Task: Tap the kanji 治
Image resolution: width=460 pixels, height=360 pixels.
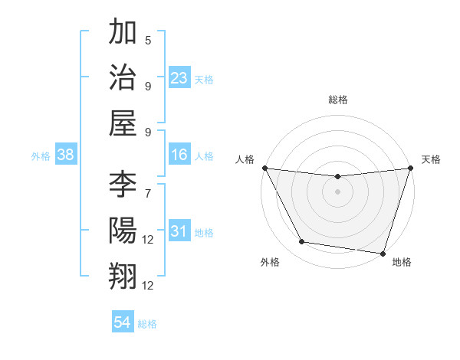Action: click(x=123, y=77)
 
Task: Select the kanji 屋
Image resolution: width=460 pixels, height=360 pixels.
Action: click(x=123, y=123)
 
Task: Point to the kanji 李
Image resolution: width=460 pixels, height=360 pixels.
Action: click(x=123, y=185)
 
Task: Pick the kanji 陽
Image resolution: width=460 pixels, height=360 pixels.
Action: click(x=123, y=231)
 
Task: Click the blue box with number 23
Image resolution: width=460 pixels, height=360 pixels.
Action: click(x=179, y=78)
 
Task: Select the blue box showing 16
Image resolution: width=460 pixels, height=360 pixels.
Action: click(x=179, y=155)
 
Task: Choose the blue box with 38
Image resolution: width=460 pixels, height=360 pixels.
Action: click(x=66, y=155)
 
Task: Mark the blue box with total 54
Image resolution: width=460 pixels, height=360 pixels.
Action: click(x=123, y=322)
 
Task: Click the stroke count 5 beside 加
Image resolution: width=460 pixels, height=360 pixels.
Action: click(x=148, y=41)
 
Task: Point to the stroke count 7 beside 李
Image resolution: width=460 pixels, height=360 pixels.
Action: click(x=148, y=194)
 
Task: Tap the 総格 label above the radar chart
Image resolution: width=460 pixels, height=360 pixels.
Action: click(x=337, y=100)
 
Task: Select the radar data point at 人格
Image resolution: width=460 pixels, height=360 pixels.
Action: click(x=264, y=168)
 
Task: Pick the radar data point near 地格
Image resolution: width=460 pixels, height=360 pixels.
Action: click(x=383, y=253)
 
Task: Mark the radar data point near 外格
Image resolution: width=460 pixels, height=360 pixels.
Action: click(x=301, y=242)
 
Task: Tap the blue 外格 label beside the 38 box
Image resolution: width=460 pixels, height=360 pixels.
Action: click(x=41, y=156)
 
